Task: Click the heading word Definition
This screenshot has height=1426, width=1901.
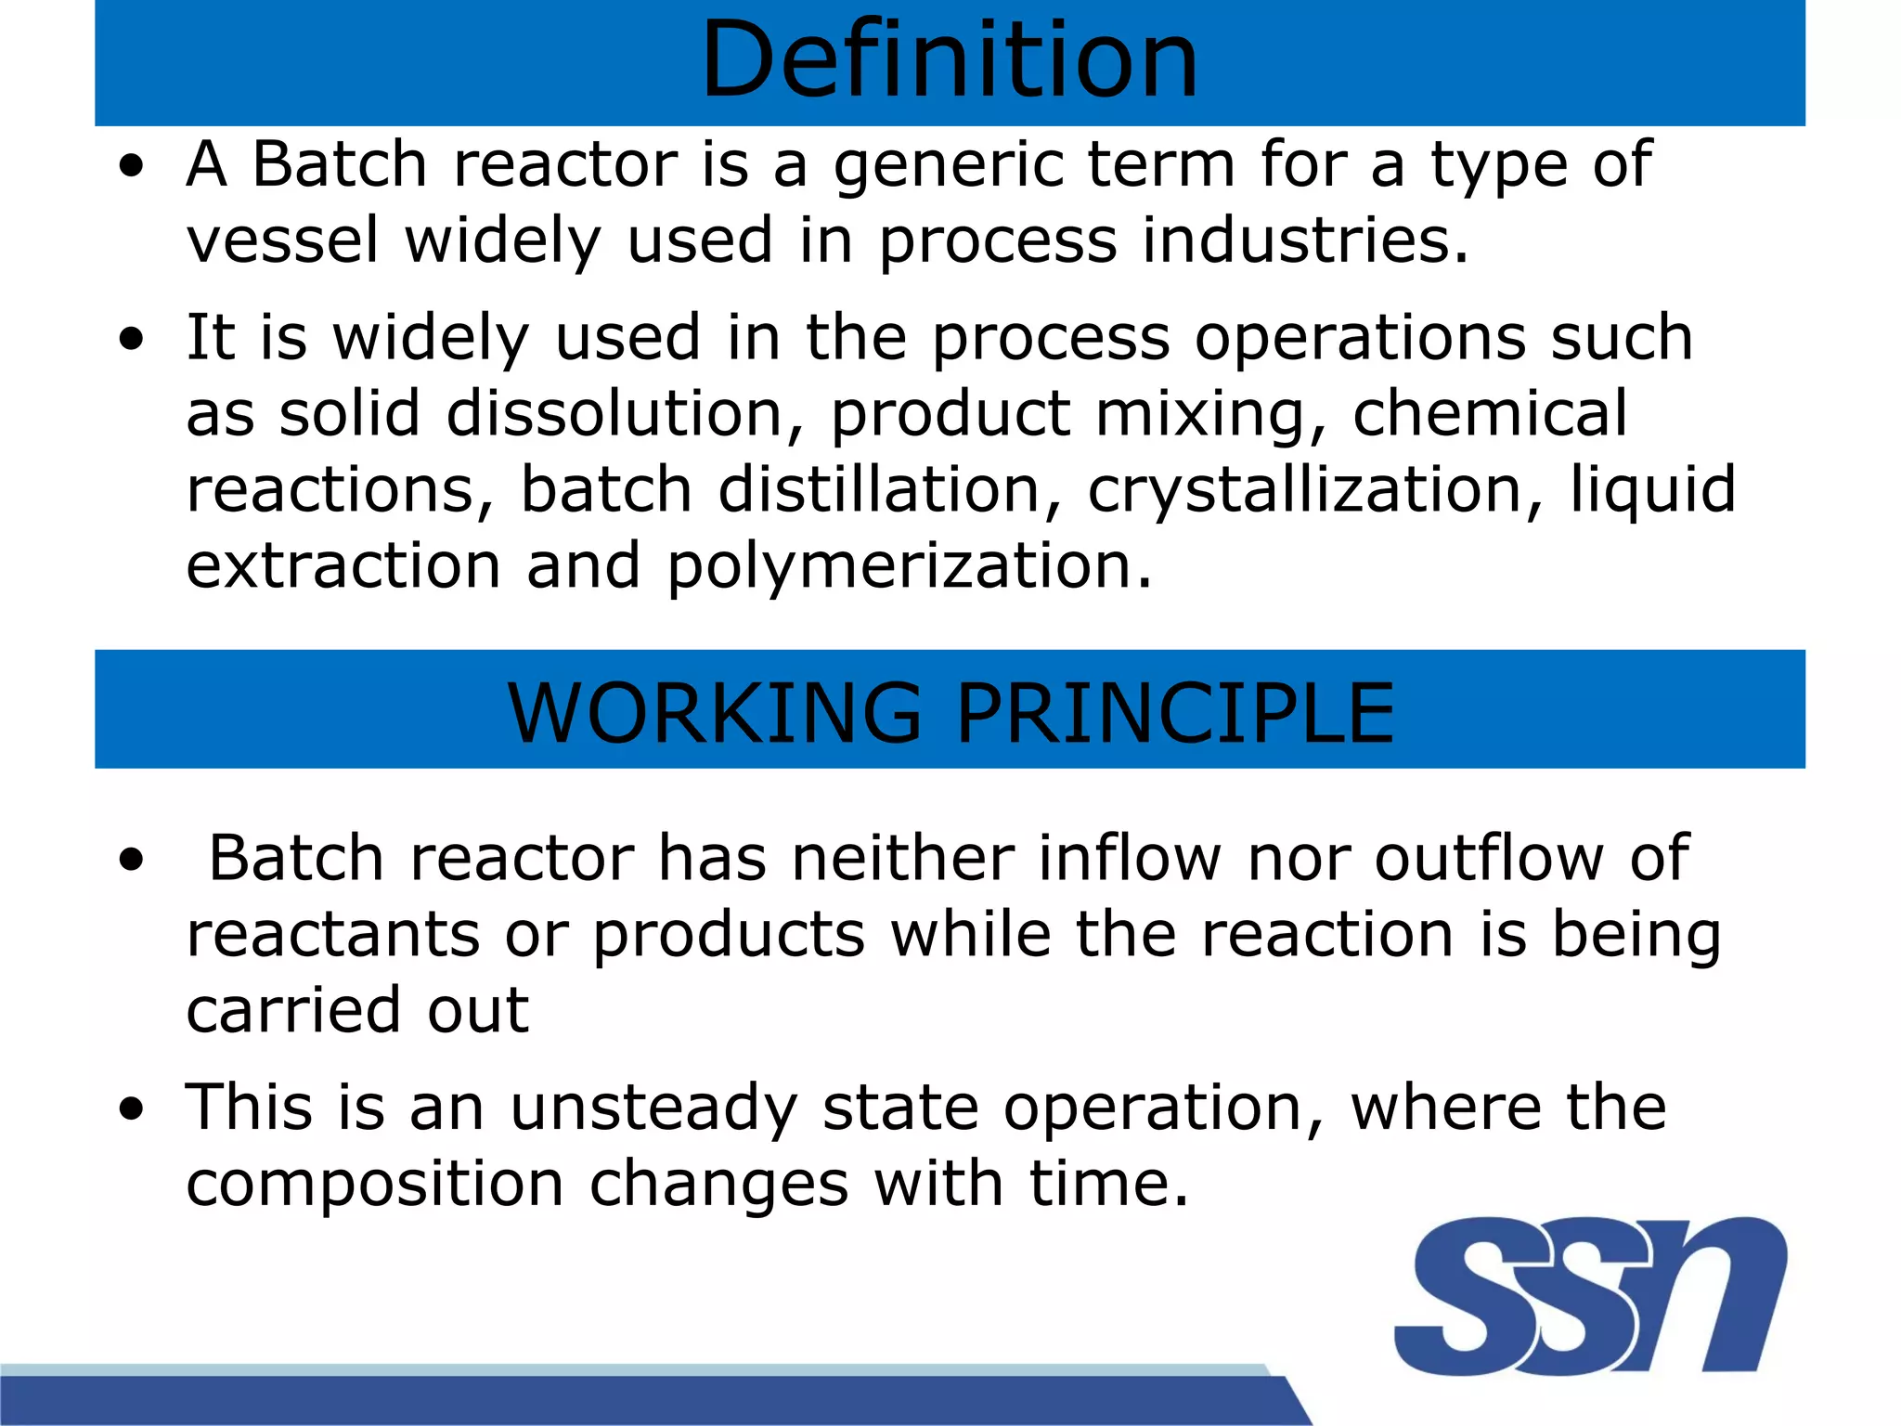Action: [950, 60]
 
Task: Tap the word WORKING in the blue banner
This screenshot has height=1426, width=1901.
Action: [715, 713]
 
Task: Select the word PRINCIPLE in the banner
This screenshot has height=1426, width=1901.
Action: [1174, 713]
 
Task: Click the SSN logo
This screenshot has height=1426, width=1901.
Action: [1589, 1296]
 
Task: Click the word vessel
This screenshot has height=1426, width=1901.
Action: [283, 240]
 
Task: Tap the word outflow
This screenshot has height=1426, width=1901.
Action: [1489, 858]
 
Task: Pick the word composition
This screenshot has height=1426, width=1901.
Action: [375, 1184]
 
